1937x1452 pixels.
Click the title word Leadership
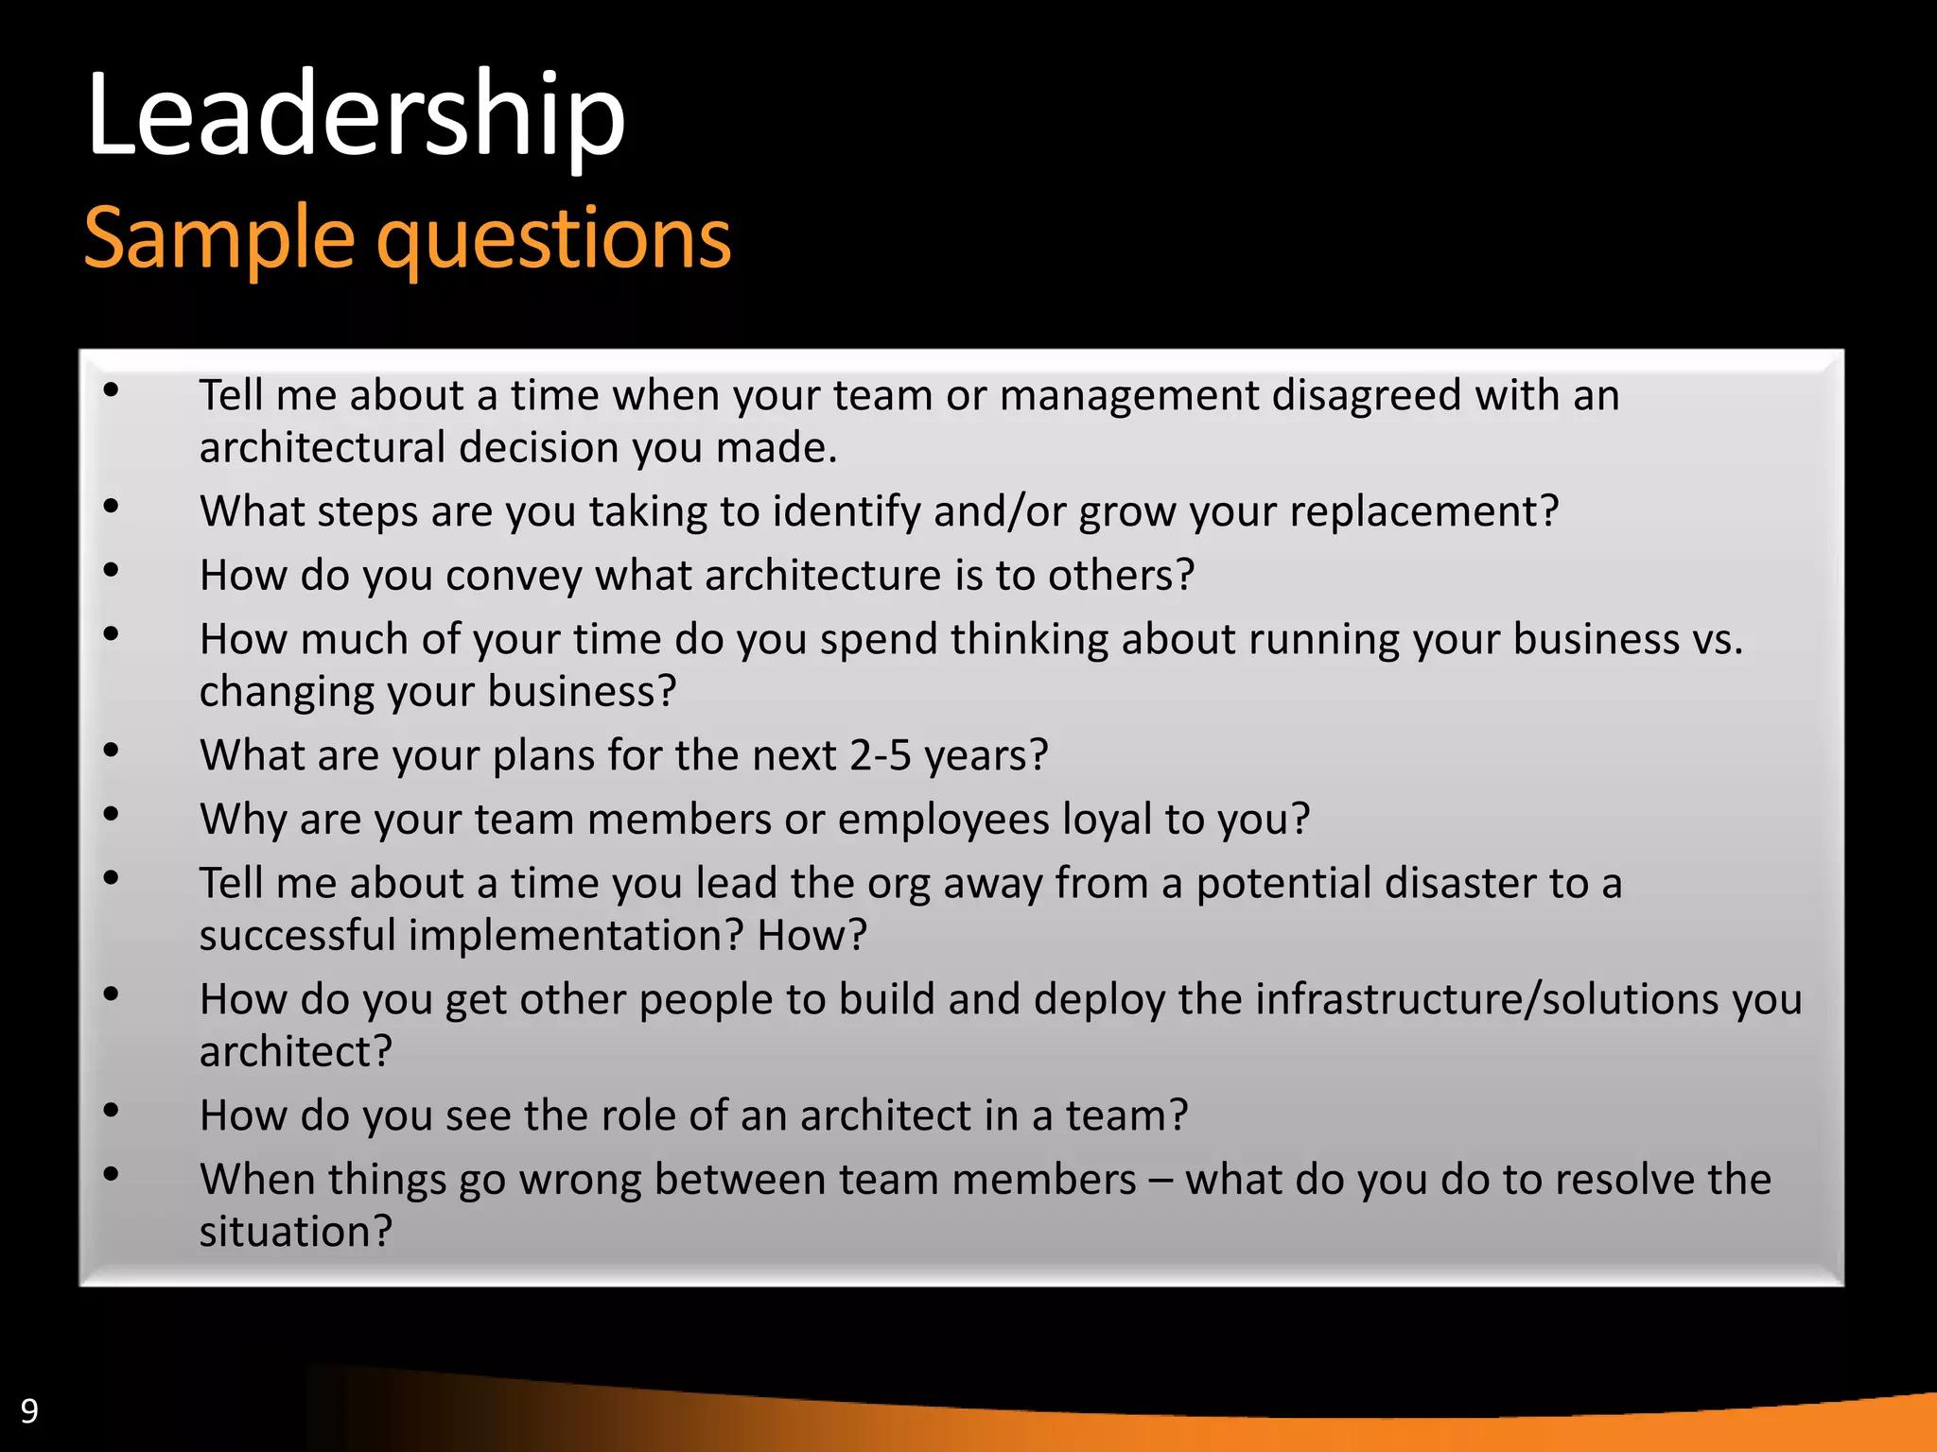356,115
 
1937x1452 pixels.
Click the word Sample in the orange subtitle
218,238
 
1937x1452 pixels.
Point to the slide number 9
29,1411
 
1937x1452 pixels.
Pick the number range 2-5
880,755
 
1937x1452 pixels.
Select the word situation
295,1232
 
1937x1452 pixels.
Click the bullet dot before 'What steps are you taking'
112,507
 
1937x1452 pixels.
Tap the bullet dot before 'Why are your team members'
112,814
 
